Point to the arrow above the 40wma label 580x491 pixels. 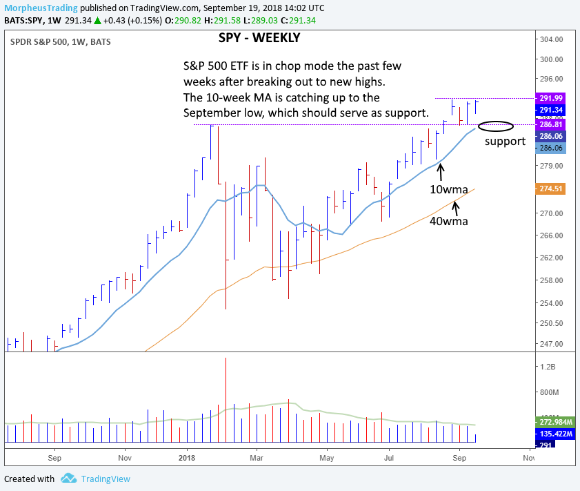pyautogui.click(x=456, y=204)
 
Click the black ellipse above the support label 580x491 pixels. pyautogui.click(x=496, y=126)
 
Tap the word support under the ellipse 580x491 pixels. pyautogui.click(x=505, y=142)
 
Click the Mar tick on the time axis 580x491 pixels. pyautogui.click(x=257, y=457)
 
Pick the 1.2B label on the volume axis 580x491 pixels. pyautogui.click(x=550, y=366)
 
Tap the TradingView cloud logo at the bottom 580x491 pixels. pyautogui.click(x=68, y=478)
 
